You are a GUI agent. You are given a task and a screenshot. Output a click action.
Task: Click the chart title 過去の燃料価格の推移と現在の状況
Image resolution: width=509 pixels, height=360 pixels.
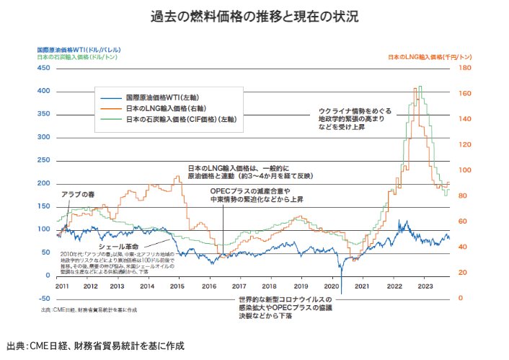point(254,15)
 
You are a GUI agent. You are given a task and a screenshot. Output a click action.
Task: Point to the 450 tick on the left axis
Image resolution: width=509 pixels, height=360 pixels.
point(43,68)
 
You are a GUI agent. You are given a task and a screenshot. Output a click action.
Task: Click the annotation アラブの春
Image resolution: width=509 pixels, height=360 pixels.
point(77,194)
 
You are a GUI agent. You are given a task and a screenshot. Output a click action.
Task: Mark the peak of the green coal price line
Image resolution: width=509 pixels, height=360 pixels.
point(420,87)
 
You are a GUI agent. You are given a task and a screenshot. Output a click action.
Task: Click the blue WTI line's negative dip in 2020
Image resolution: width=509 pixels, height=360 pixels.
point(342,292)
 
